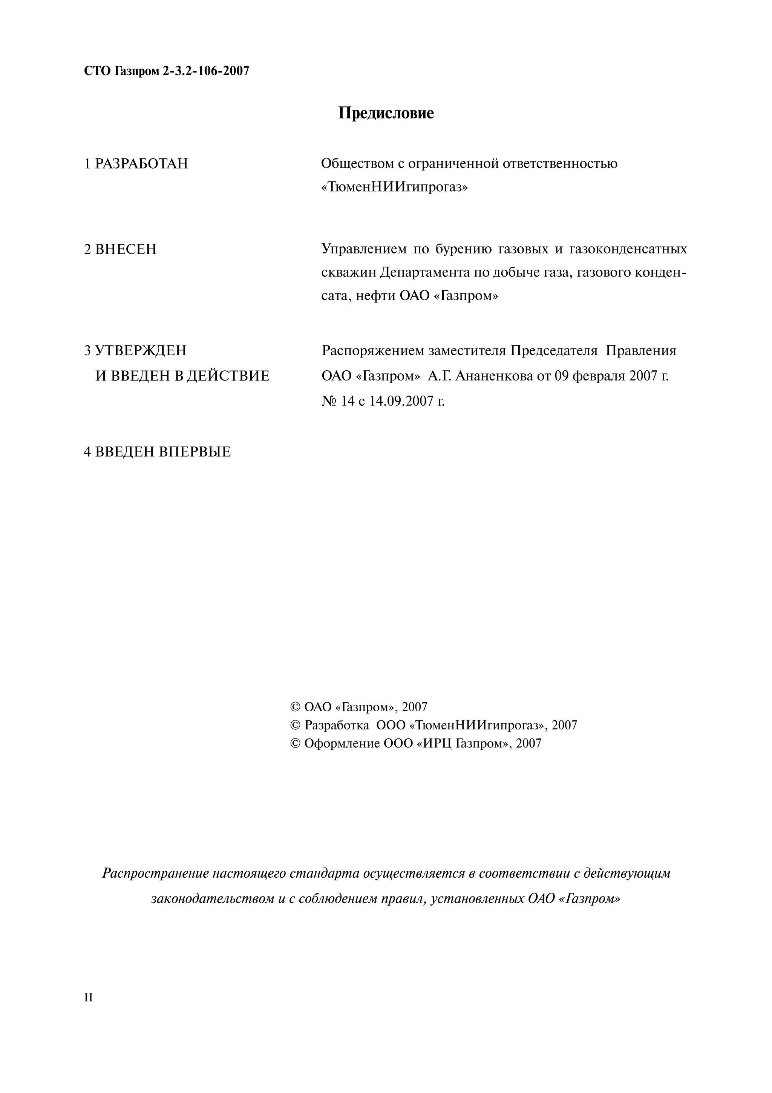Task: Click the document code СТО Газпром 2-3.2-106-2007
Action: coord(167,71)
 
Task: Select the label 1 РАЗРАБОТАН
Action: coord(136,164)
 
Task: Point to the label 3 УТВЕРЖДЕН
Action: coord(136,351)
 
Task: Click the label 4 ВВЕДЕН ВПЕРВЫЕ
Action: coord(158,452)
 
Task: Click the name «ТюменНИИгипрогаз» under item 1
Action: coord(394,187)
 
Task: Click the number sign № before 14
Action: coord(329,401)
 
